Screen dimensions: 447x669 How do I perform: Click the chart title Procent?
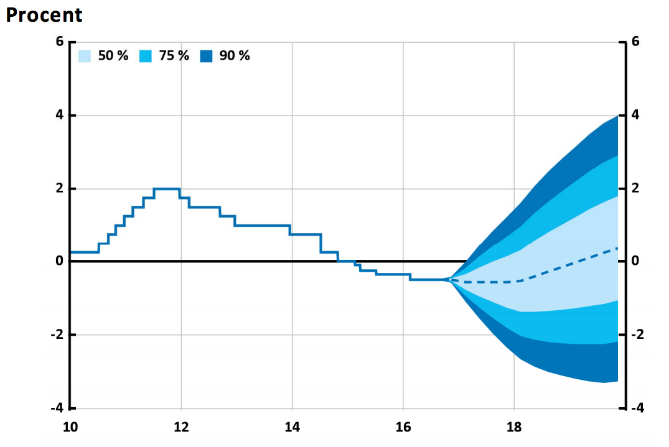(x=44, y=15)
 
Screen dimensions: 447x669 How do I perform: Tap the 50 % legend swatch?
(x=85, y=56)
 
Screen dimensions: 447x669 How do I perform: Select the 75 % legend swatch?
(x=146, y=56)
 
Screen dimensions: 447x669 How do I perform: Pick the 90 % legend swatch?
(x=207, y=56)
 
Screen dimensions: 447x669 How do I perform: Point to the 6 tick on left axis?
(x=60, y=42)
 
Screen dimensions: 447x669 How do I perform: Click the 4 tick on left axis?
(x=60, y=115)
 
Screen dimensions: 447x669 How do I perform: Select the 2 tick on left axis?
(x=60, y=188)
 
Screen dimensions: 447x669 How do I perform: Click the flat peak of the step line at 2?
(x=167, y=188)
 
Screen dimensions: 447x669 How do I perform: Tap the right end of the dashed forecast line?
(x=617, y=248)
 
